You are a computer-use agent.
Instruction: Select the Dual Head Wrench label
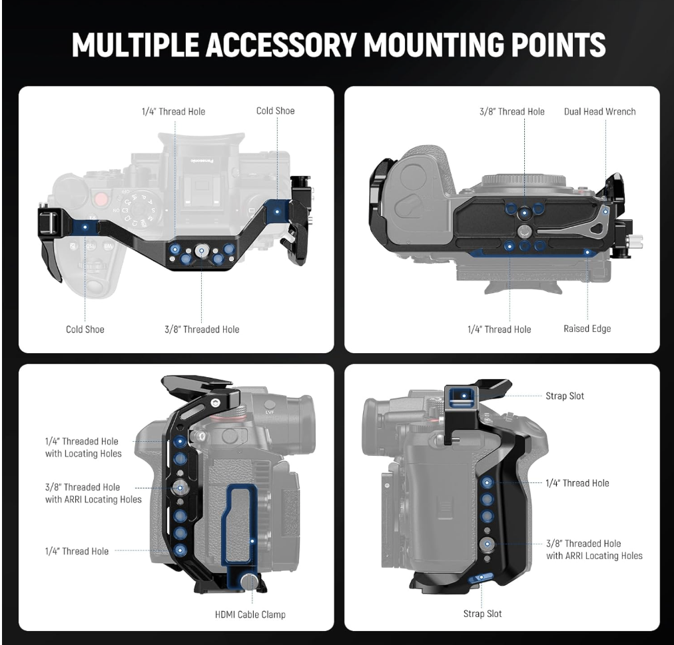pyautogui.click(x=599, y=112)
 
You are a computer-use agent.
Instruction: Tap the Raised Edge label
pyautogui.click(x=587, y=329)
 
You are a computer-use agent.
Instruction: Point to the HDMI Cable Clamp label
pyautogui.click(x=250, y=614)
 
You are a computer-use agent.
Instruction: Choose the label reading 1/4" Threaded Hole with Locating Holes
pyautogui.click(x=83, y=447)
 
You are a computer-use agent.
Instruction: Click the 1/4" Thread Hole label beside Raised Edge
pyautogui.click(x=499, y=329)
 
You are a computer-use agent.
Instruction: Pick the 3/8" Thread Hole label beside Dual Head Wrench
pyautogui.click(x=512, y=112)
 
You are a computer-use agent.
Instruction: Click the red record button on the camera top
pyautogui.click(x=101, y=199)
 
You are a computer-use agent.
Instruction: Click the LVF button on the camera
pyautogui.click(x=270, y=406)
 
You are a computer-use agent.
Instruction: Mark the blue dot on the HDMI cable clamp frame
pyautogui.click(x=252, y=541)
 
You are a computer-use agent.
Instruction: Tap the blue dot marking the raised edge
pyautogui.click(x=587, y=252)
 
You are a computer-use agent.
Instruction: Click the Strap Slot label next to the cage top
pyautogui.click(x=565, y=396)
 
